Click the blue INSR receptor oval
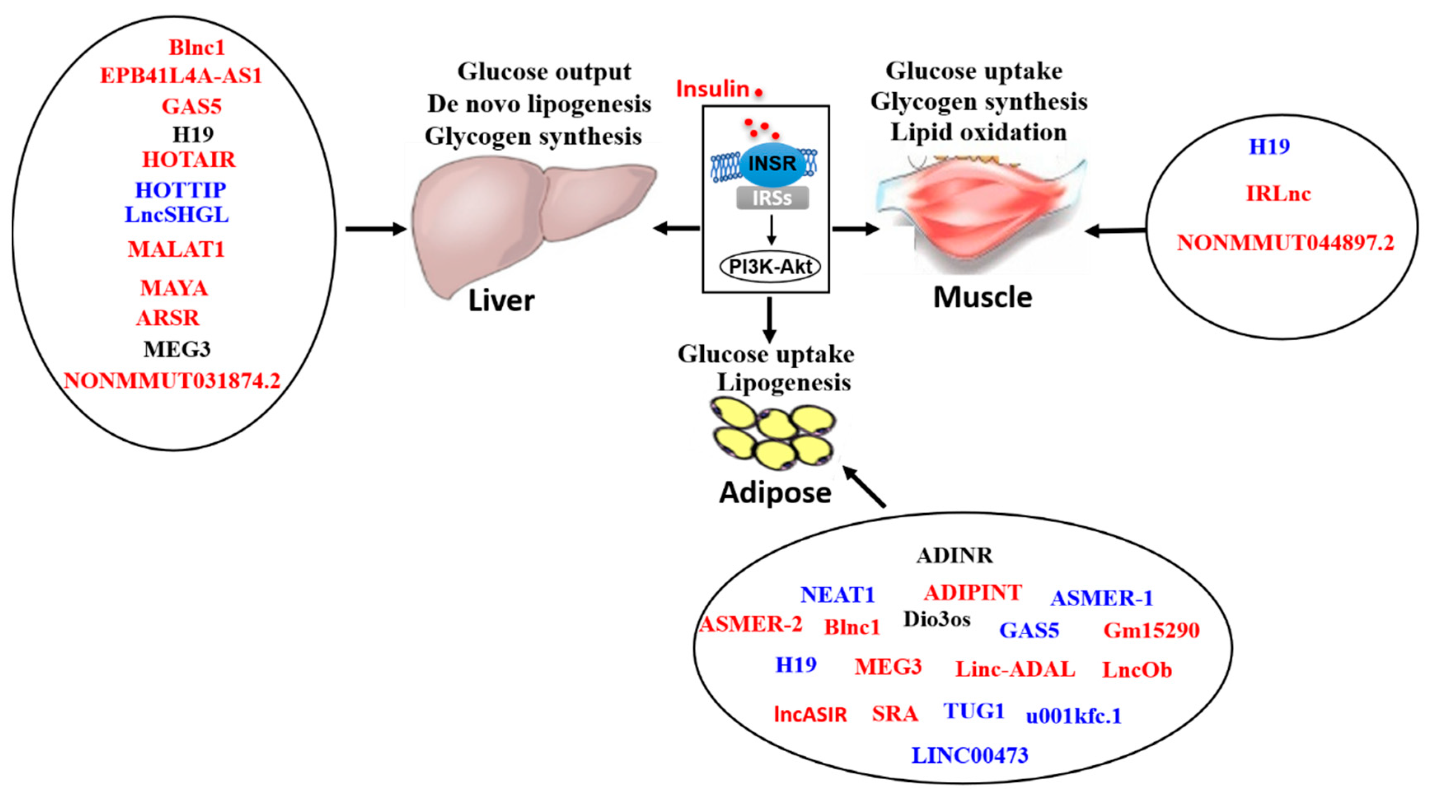click(772, 164)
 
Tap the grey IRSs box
click(772, 198)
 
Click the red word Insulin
click(713, 89)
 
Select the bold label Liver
click(501, 301)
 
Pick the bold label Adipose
click(775, 493)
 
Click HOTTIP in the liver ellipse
click(180, 190)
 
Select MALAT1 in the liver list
click(176, 249)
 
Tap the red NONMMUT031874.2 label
click(172, 381)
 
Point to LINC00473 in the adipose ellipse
click(970, 755)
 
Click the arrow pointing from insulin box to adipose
click(769, 320)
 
